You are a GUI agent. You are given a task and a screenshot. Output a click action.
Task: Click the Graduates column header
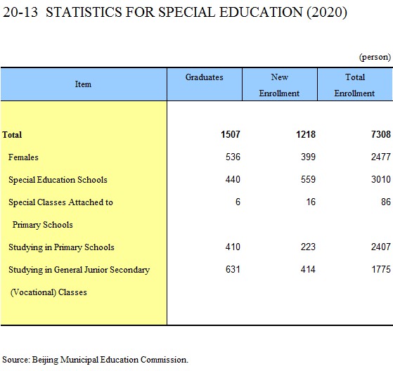tap(205, 77)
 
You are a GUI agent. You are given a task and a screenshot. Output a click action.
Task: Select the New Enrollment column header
tap(279, 85)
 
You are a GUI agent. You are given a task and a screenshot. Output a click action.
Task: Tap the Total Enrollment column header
tap(354, 85)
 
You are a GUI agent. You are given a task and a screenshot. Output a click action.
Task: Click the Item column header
tap(83, 84)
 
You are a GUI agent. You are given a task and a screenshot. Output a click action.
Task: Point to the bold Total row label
tap(12, 135)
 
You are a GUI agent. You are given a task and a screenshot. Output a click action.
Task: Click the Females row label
tap(23, 157)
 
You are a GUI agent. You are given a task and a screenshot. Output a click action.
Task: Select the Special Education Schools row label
tap(58, 180)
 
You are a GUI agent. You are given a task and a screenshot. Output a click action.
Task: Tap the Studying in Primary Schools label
tap(61, 247)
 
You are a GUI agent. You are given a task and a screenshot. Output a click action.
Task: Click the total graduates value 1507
tap(231, 134)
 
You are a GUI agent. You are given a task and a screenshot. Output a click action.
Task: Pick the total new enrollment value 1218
tap(306, 134)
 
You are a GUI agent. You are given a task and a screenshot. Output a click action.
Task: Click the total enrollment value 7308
tap(381, 134)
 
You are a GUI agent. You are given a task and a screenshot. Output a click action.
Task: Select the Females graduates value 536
tap(233, 157)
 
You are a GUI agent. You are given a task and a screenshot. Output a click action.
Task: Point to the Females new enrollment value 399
tap(309, 157)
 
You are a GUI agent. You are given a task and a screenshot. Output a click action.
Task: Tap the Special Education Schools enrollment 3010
tap(381, 180)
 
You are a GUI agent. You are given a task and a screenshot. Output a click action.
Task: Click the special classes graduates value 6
tap(238, 202)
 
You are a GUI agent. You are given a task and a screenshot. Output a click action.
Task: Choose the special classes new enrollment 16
tap(311, 202)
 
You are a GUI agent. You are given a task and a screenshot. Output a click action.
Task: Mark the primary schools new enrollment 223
tap(309, 247)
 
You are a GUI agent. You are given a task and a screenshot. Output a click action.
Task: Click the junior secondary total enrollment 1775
tap(381, 270)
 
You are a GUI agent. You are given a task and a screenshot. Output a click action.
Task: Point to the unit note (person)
tap(375, 57)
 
